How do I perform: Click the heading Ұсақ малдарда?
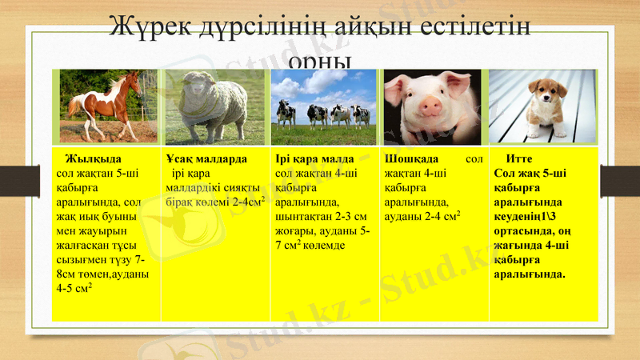pos(206,158)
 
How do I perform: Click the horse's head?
pos(131,81)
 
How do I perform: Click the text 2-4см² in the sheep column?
pos(248,202)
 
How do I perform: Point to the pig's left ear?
pos(398,84)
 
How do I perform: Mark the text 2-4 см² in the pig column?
pos(438,217)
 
